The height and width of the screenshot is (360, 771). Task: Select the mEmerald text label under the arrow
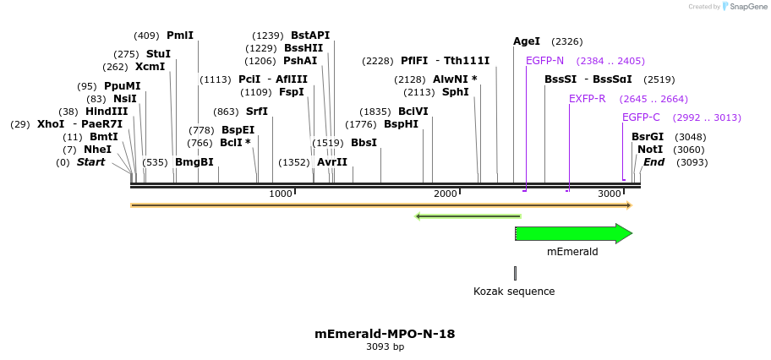click(x=572, y=252)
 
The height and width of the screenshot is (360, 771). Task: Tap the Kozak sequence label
click(x=514, y=292)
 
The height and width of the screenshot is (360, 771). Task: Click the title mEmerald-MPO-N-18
click(x=385, y=334)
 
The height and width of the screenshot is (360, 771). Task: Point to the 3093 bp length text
click(x=385, y=347)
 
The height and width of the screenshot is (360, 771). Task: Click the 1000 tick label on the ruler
click(x=280, y=194)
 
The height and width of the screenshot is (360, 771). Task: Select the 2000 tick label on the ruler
click(x=445, y=194)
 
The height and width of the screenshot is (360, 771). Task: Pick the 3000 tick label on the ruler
click(x=609, y=194)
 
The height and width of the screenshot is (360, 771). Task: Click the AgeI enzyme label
click(x=527, y=41)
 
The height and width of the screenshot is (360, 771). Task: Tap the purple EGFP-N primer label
click(x=544, y=61)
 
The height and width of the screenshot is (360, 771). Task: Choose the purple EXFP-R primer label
click(x=587, y=99)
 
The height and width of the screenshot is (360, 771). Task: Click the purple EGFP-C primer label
click(x=641, y=117)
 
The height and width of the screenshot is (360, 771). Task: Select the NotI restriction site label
click(x=650, y=150)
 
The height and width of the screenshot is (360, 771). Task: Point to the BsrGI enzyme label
click(x=648, y=137)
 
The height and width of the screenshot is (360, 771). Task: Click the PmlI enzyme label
click(x=180, y=35)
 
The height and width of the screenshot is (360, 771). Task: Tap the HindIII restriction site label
click(x=107, y=112)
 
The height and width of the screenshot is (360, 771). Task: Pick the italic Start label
click(x=91, y=162)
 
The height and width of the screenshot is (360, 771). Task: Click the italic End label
click(x=653, y=162)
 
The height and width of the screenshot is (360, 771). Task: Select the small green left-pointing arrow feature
click(x=467, y=216)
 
